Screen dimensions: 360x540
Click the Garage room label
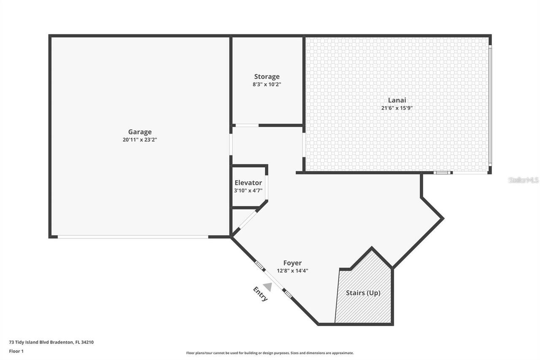point(140,132)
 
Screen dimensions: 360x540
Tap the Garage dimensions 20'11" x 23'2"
point(140,140)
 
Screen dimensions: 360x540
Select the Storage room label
point(267,76)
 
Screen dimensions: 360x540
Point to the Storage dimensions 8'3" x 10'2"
point(267,84)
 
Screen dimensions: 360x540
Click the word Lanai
point(397,100)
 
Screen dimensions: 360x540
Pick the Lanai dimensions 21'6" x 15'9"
point(397,108)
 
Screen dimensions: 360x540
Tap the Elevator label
point(248,183)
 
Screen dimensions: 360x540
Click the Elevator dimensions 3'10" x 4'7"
point(248,190)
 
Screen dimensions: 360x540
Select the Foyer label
point(292,263)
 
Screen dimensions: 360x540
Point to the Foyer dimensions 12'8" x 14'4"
point(292,271)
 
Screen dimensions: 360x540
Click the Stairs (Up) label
point(363,292)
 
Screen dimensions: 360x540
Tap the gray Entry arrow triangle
point(267,287)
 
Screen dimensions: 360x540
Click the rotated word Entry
point(260,294)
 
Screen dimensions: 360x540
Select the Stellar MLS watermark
point(524,180)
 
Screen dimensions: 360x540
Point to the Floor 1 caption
point(16,351)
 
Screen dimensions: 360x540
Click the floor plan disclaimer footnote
point(270,353)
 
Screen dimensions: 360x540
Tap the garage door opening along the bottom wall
point(133,237)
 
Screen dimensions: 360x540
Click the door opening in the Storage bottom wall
point(246,125)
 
